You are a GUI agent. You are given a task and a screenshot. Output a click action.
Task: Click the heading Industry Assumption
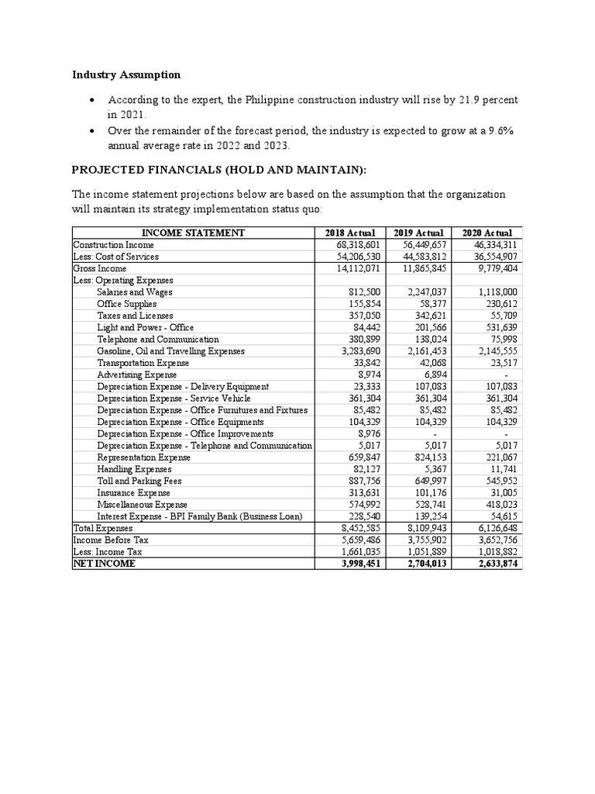pos(126,75)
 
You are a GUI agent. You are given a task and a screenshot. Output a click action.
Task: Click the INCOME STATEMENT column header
pos(193,233)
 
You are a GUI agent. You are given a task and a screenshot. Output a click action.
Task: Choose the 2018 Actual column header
pos(349,233)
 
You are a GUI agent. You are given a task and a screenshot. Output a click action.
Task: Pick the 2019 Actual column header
pos(418,233)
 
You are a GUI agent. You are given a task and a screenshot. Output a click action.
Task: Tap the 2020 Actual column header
pos(487,233)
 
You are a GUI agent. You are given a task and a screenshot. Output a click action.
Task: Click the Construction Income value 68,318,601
pos(353,244)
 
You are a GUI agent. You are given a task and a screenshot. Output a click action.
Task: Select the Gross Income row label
pos(100,268)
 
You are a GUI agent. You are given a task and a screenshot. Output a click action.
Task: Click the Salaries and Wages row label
pos(135,292)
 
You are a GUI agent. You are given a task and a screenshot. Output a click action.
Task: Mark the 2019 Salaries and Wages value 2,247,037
pos(425,292)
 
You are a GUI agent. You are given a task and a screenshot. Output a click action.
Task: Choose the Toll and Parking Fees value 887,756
pos(358,482)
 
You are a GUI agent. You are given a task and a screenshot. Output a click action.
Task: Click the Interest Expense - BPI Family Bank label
pos(203,516)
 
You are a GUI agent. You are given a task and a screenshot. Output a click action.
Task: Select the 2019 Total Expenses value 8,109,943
pos(425,528)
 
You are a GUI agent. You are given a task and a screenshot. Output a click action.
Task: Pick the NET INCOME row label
pos(104,564)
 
